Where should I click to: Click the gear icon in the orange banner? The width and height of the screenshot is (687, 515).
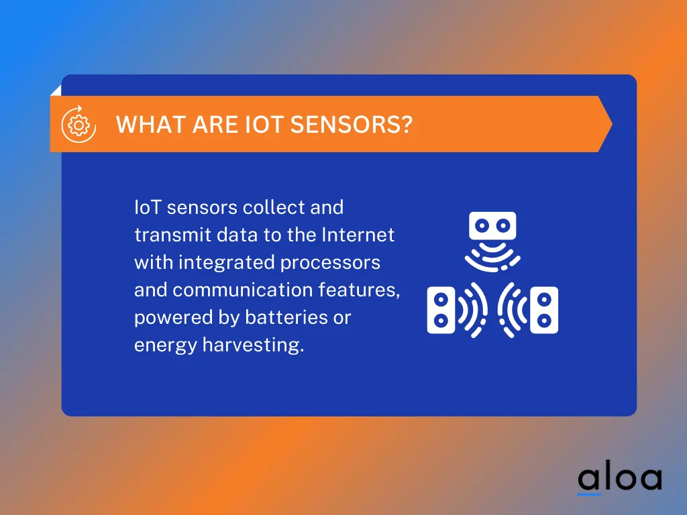click(78, 124)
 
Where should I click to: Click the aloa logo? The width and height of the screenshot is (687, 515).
click(619, 478)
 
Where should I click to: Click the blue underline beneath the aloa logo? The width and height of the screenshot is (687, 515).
click(589, 494)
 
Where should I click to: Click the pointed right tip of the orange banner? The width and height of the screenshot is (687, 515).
click(610, 124)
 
